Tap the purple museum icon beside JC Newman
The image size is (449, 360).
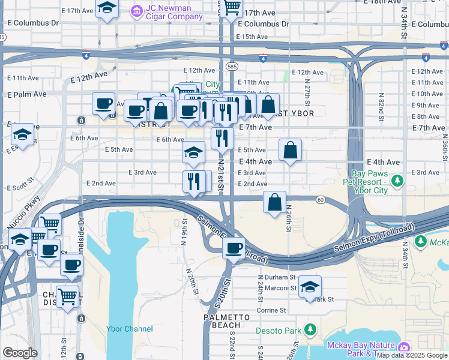(x=137, y=10)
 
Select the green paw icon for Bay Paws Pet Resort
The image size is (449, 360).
(x=396, y=180)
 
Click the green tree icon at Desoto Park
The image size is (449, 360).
(x=310, y=330)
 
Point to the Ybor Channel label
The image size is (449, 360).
(x=129, y=329)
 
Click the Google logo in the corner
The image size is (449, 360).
(x=20, y=353)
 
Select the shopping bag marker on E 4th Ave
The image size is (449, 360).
(x=290, y=151)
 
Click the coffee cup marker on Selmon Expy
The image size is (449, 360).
(x=233, y=248)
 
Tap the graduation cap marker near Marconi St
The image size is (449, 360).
(x=310, y=287)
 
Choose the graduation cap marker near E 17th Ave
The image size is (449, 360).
(x=107, y=8)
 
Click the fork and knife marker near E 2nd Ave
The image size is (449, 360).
(x=194, y=181)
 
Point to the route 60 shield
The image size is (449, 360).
(x=321, y=199)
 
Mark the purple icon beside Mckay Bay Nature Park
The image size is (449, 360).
(x=404, y=347)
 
